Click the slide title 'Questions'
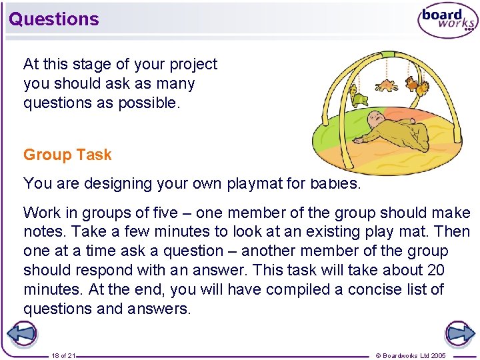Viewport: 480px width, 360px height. tap(54, 19)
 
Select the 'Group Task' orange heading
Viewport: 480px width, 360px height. tap(67, 155)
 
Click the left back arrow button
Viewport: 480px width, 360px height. tap(21, 333)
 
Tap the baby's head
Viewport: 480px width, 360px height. tap(377, 121)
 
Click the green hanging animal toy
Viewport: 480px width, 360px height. tap(359, 99)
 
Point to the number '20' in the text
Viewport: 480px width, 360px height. tap(435, 271)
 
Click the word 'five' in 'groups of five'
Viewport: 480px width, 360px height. tap(164, 213)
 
